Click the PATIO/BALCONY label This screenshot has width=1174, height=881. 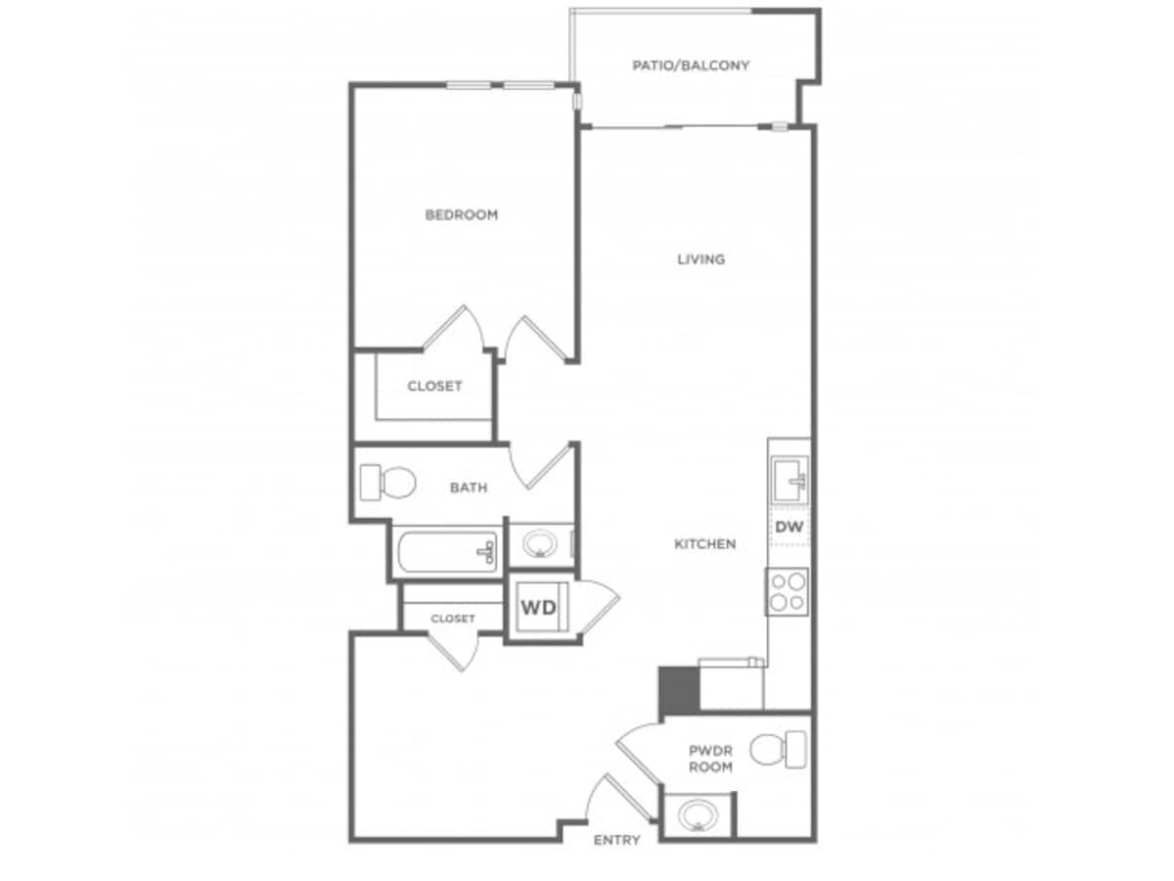[x=691, y=66]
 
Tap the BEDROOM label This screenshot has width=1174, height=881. [x=461, y=214]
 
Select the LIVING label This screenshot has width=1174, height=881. [x=701, y=259]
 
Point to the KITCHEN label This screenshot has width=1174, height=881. [x=704, y=544]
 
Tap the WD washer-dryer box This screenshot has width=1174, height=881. [x=537, y=608]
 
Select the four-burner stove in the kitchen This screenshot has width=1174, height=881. [x=788, y=590]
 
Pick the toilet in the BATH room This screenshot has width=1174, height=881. [x=387, y=483]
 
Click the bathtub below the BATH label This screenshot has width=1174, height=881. [x=447, y=552]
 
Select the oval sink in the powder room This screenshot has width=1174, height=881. [x=698, y=815]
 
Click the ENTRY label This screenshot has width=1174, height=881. [x=616, y=840]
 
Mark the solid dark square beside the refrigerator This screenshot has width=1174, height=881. [x=678, y=690]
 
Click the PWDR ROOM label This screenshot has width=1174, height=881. [x=710, y=759]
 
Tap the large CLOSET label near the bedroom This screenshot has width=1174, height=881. [x=434, y=386]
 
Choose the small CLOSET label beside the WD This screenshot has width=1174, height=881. [x=452, y=619]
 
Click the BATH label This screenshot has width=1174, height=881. [x=469, y=487]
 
